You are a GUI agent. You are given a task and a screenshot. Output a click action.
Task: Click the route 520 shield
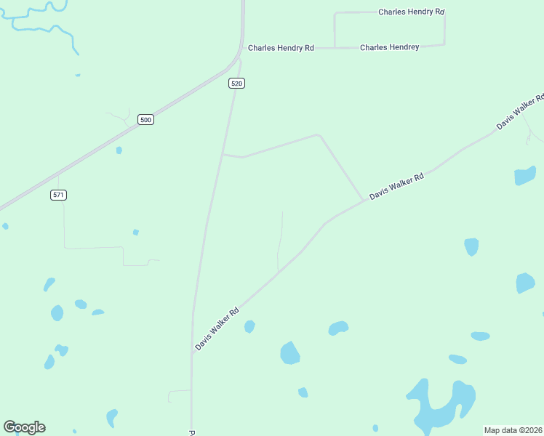236,84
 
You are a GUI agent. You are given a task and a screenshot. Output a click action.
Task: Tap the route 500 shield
146,120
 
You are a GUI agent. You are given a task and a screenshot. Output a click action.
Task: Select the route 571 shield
59,195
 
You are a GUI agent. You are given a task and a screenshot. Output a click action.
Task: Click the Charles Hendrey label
390,47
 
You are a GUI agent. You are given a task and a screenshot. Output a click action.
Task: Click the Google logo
24,427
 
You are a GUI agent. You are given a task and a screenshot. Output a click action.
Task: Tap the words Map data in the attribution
500,430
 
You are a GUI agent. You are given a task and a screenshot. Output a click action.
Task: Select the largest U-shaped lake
440,407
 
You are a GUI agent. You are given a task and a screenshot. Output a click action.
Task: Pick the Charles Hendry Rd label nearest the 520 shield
281,48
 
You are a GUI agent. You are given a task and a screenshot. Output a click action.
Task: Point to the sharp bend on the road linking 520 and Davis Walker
318,134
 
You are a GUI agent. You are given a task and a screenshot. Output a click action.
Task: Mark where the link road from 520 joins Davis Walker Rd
363,201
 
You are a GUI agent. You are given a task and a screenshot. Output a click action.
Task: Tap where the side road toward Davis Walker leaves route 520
223,154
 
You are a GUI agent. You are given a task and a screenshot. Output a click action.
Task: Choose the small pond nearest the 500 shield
119,150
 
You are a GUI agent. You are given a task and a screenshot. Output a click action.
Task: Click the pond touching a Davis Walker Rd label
249,327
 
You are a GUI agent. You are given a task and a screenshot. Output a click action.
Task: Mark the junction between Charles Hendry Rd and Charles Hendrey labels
335,48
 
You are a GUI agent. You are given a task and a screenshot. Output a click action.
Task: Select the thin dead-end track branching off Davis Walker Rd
280,240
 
